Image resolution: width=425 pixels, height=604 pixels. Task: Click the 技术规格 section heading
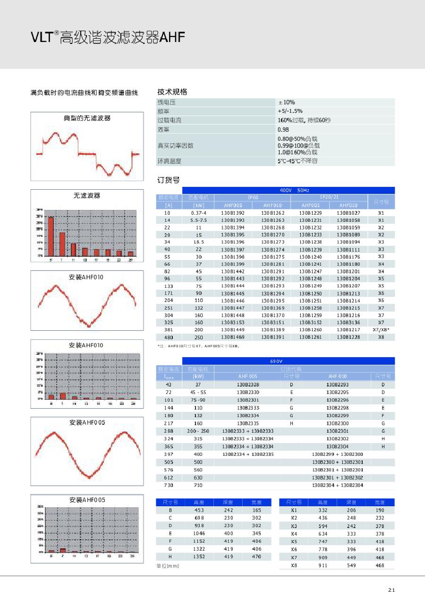[x=172, y=92]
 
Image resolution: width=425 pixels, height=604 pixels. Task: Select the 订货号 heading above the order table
[x=168, y=180]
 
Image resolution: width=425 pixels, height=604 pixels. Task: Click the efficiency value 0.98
[x=283, y=129]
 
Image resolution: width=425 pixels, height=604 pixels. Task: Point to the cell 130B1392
[x=233, y=213]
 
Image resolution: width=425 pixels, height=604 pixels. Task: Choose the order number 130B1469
[x=233, y=337]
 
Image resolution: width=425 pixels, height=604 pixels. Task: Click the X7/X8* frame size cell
[x=381, y=330]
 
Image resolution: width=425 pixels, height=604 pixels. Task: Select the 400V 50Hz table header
[x=294, y=190]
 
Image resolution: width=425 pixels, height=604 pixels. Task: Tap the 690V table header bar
[x=276, y=361]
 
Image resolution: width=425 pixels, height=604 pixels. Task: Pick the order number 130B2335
[x=248, y=423]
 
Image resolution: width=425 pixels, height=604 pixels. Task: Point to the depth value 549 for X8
[x=351, y=565]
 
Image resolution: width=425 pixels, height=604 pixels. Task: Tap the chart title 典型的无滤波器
[x=87, y=118]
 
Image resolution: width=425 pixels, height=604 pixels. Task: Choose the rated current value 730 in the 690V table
[x=169, y=486]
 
